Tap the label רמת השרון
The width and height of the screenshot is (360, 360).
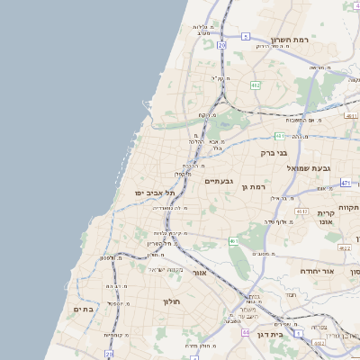[290, 40]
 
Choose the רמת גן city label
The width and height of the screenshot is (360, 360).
[257, 185]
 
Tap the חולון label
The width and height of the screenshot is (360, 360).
[172, 301]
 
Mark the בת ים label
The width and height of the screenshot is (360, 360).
[83, 309]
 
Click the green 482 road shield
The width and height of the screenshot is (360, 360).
[256, 85]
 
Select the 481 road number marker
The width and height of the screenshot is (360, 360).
[281, 136]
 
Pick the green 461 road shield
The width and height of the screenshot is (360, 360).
[233, 241]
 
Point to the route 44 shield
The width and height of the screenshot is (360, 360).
[245, 332]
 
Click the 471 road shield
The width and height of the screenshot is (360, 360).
[346, 183]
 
